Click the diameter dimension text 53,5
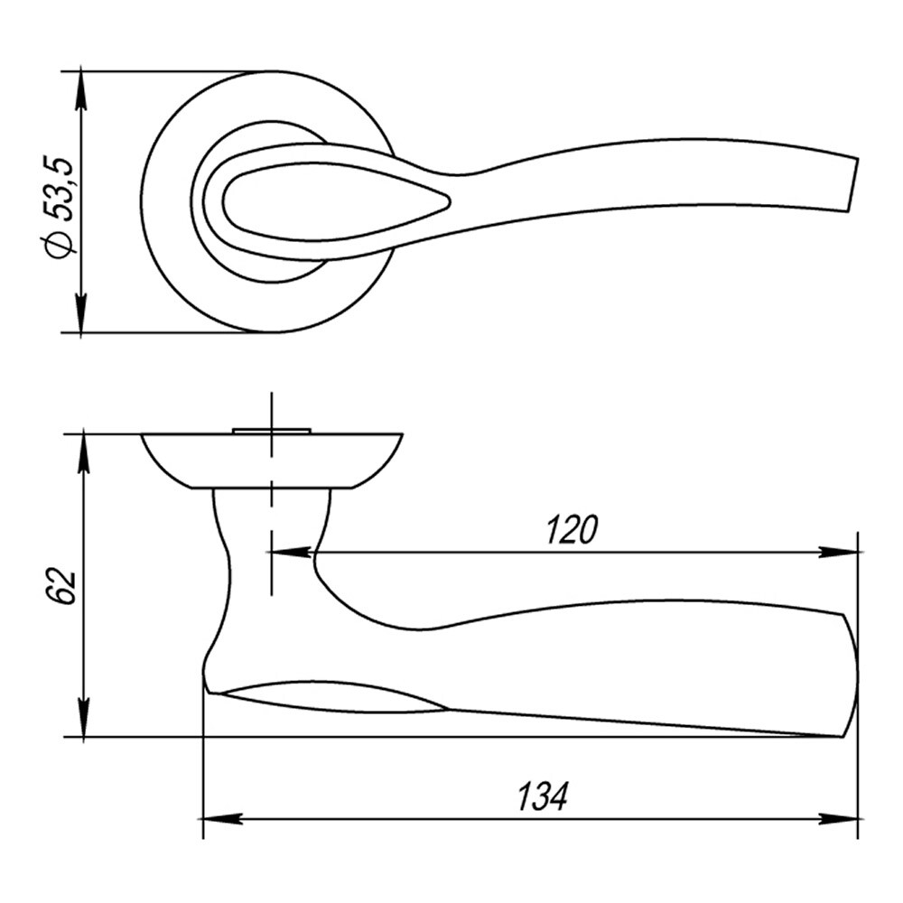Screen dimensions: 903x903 click(x=61, y=188)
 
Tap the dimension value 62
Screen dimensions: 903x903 click(x=61, y=586)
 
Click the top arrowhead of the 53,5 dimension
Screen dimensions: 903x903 click(x=81, y=88)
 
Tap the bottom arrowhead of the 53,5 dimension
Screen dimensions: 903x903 click(x=81, y=315)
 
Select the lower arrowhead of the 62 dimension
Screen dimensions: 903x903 click(x=85, y=718)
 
